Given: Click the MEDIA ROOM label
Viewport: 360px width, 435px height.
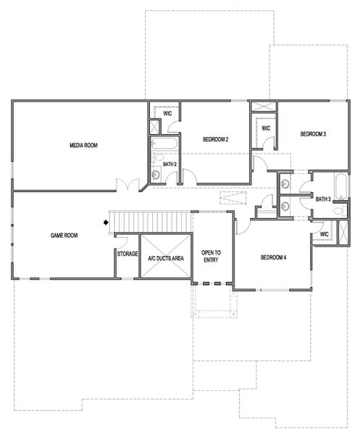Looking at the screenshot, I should coord(83,146).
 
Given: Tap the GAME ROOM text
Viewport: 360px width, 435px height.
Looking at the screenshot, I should coord(64,235).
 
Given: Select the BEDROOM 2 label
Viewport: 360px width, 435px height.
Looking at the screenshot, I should coord(216,139).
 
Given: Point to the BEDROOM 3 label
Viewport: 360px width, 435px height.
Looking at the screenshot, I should coord(314,134).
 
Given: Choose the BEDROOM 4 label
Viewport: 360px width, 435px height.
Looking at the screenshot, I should coord(274,257).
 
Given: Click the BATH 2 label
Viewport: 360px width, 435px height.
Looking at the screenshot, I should coord(170,165).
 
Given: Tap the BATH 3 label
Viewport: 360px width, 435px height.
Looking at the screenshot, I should coord(323,199).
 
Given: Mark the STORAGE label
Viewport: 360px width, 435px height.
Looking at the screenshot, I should coord(127,254).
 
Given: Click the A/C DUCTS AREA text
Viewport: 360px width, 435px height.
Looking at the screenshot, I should coord(165,258).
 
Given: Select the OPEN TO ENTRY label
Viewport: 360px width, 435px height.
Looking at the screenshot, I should coord(211,256).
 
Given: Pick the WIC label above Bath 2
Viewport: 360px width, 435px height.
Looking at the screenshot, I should coord(167,114).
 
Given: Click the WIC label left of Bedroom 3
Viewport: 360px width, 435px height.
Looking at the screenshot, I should coord(266,128).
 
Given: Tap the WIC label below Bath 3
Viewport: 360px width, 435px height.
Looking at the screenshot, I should coord(324,234).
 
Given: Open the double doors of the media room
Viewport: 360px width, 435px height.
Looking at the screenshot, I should coord(129,186).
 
